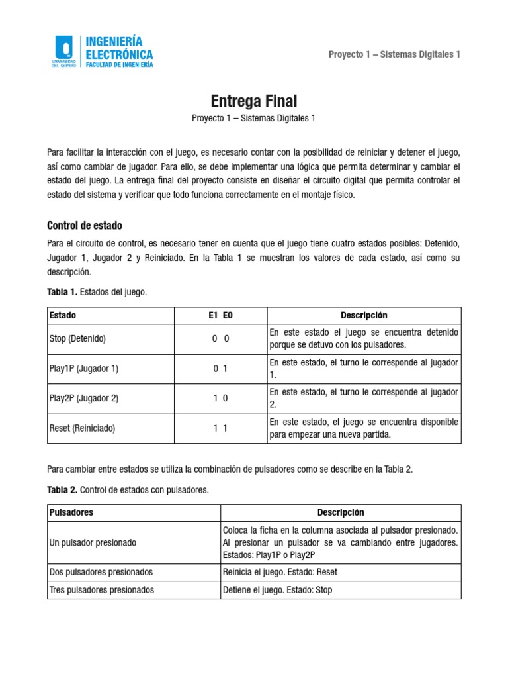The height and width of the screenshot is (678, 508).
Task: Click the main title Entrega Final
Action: pos(254,101)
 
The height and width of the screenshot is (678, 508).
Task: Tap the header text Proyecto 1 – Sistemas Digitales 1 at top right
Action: pos(394,54)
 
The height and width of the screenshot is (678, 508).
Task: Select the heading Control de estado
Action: pos(85,225)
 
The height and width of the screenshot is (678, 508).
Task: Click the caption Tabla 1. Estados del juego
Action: pos(97,292)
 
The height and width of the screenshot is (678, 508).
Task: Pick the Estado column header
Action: pos(63,316)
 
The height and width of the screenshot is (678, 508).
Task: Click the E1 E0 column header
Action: pos(220,316)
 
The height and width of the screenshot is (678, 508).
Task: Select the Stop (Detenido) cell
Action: pos(77,339)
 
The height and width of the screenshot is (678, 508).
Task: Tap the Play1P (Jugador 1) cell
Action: pos(83,369)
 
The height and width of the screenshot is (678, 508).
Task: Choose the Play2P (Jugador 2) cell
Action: pos(84,399)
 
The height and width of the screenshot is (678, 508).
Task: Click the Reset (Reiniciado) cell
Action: pos(82,428)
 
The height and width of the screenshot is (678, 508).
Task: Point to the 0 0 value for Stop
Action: pos(220,339)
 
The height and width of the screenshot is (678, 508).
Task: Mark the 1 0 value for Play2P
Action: pos(220,399)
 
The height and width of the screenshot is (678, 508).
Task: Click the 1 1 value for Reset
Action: pos(220,428)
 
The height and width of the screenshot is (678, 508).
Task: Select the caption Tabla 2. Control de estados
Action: pos(128,490)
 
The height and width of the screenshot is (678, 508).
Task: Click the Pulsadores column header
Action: pos(71,513)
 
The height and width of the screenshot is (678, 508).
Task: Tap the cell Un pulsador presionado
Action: pos(93,543)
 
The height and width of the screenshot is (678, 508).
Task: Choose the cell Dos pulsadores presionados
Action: pos(101,572)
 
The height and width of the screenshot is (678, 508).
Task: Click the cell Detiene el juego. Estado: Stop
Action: pos(278,590)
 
